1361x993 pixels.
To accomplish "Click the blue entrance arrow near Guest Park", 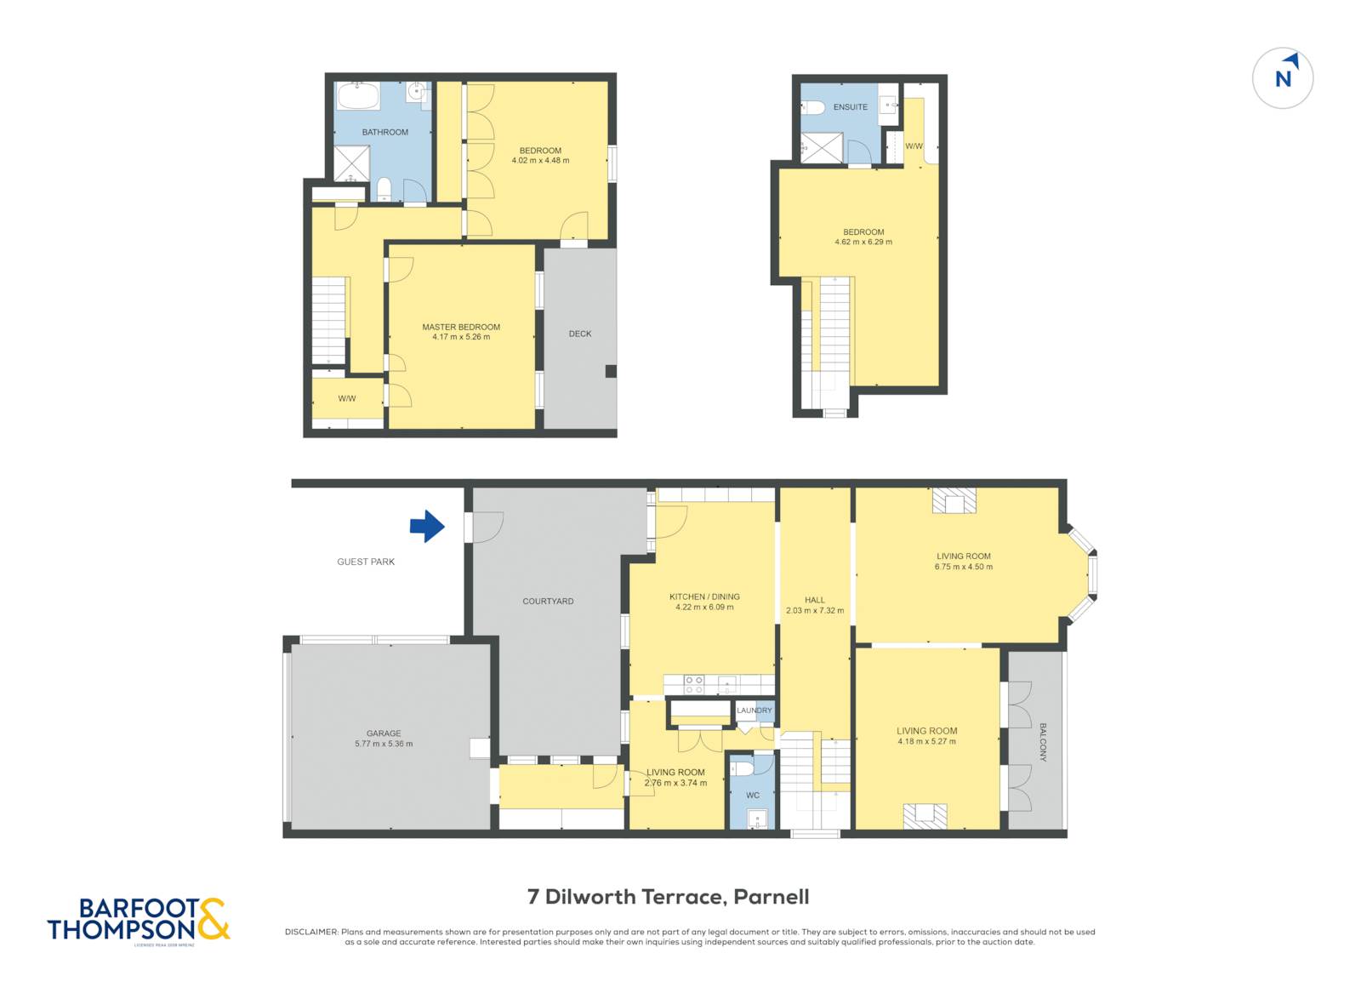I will (427, 527).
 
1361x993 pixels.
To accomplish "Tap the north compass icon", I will (1283, 78).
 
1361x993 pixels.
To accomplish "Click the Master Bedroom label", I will (461, 327).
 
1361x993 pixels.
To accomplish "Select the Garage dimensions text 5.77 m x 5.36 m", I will (384, 744).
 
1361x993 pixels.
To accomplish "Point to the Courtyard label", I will (548, 602).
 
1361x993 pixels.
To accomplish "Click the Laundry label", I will (755, 711).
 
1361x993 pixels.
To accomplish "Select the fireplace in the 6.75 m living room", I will (954, 501).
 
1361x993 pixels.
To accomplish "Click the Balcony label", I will (1043, 742).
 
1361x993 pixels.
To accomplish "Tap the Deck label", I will (580, 334).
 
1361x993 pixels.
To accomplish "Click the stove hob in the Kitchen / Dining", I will (694, 683).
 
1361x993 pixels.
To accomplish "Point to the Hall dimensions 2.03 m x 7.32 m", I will (815, 611).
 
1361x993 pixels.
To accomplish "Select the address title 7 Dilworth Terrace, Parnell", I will (668, 897).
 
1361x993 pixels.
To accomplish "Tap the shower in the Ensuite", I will (822, 148).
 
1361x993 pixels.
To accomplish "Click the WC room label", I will (753, 796).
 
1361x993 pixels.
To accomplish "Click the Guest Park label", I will (366, 562).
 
